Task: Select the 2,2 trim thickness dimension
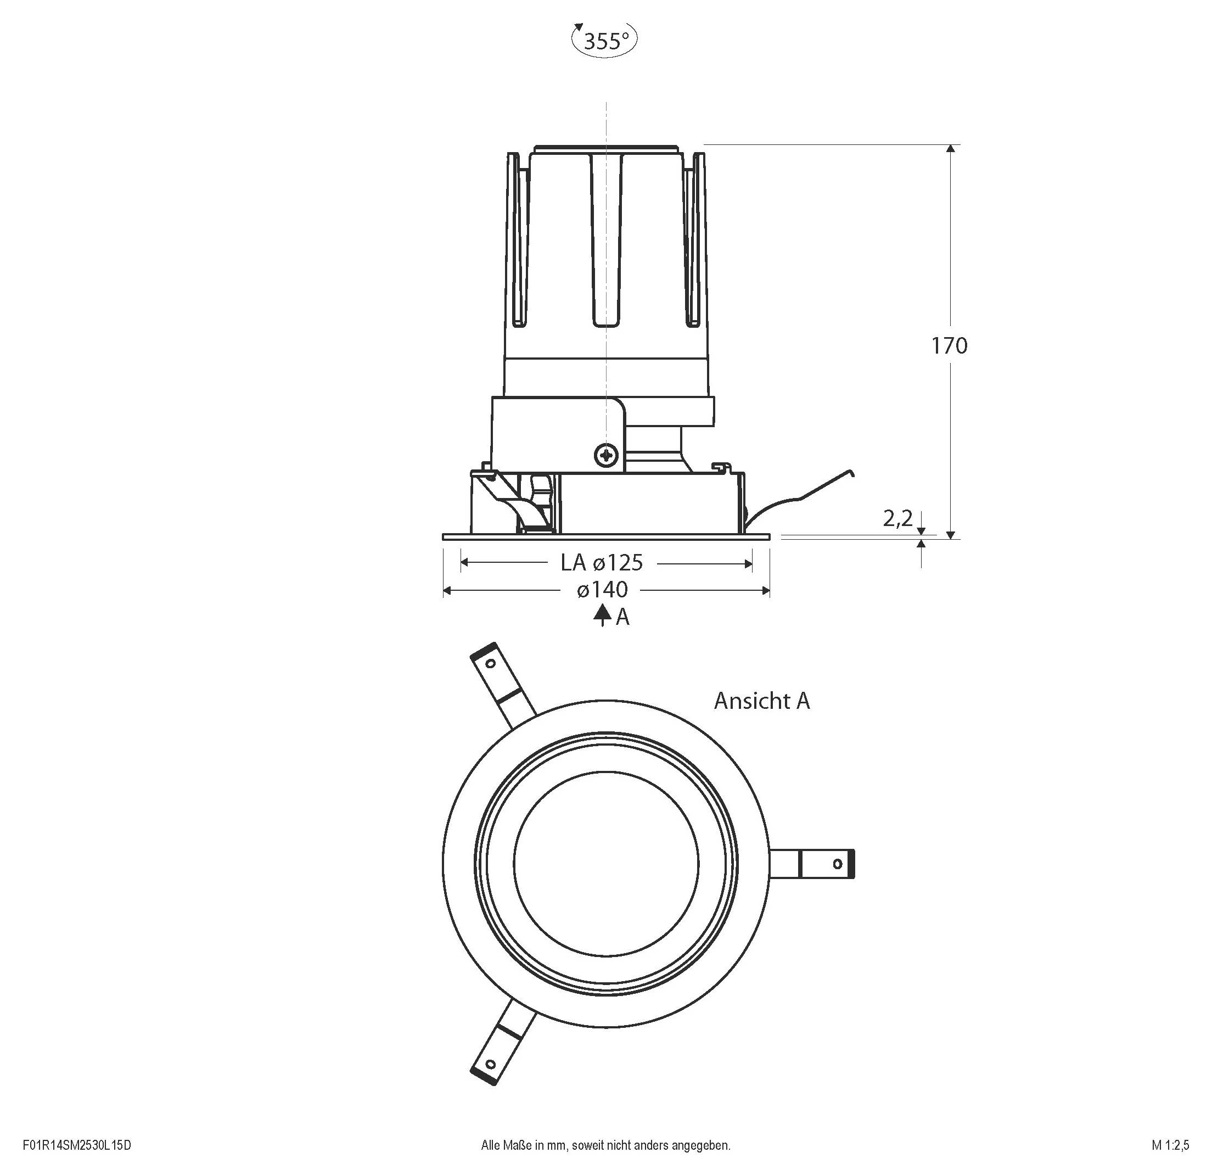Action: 897,519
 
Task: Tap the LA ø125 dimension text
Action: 602,563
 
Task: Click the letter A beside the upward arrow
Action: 622,617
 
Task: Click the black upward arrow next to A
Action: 602,616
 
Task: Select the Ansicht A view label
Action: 761,701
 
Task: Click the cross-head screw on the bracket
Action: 606,456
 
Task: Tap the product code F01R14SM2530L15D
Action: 77,1145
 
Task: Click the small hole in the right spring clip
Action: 838,863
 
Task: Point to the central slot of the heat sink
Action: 606,241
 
